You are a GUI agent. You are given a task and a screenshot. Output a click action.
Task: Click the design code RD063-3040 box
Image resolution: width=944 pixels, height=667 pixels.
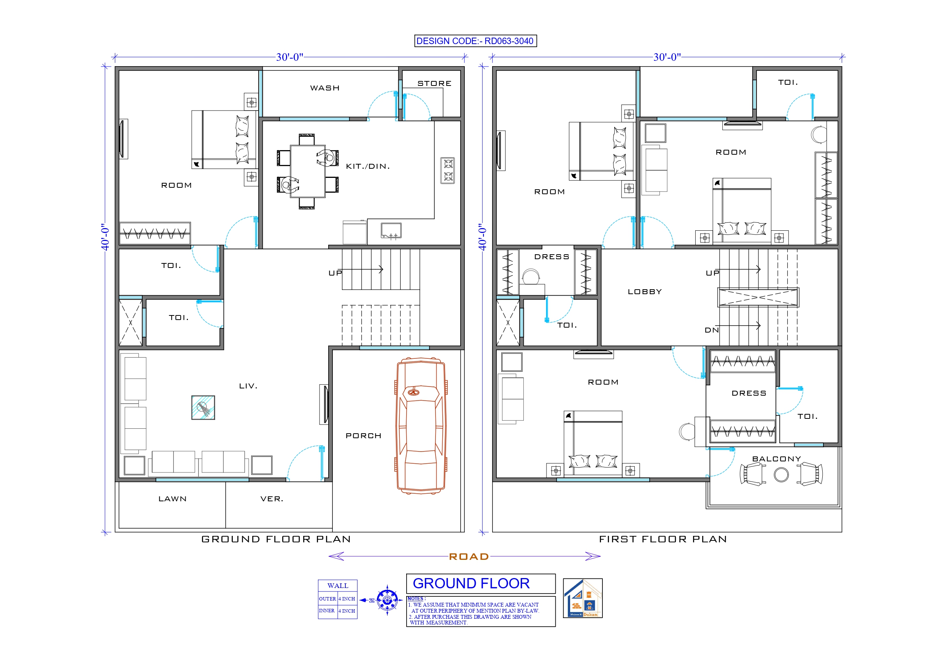point(475,41)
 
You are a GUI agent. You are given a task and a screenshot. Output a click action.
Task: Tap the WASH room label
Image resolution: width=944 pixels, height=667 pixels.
point(325,88)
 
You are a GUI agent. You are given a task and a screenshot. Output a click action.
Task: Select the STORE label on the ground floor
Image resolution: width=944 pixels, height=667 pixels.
point(434,84)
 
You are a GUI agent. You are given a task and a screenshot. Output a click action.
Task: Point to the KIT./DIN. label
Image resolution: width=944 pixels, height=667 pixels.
point(367,166)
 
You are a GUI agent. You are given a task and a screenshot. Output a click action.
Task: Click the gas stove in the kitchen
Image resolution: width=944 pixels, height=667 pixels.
point(447,170)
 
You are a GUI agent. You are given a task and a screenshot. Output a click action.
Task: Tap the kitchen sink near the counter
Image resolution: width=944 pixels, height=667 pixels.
point(391,231)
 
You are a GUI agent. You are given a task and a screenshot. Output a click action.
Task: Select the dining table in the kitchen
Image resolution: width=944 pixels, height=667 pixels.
point(308,171)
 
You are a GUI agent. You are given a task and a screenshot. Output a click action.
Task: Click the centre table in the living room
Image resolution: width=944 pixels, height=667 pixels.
point(203,407)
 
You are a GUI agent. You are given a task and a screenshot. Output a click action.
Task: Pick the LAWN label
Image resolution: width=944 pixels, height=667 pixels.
point(173,499)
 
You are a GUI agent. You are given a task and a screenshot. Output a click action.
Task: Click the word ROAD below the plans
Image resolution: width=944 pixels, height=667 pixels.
point(469,556)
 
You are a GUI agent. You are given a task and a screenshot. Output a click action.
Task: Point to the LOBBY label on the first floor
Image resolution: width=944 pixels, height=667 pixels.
point(645,292)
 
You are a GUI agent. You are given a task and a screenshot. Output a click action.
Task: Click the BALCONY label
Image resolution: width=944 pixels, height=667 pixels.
point(776,459)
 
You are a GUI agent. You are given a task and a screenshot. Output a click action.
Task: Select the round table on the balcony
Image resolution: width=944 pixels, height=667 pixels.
point(781,475)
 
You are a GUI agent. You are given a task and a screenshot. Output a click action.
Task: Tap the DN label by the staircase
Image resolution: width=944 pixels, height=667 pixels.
point(712,330)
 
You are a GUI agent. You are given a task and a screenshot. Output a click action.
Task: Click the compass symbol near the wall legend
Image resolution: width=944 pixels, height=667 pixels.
point(387,600)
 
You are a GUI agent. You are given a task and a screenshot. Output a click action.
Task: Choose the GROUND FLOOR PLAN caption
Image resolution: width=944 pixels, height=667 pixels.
point(276,539)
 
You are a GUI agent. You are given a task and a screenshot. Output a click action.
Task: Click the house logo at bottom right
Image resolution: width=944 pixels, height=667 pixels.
point(582,598)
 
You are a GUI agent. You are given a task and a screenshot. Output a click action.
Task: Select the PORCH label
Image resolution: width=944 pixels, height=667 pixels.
point(364,436)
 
